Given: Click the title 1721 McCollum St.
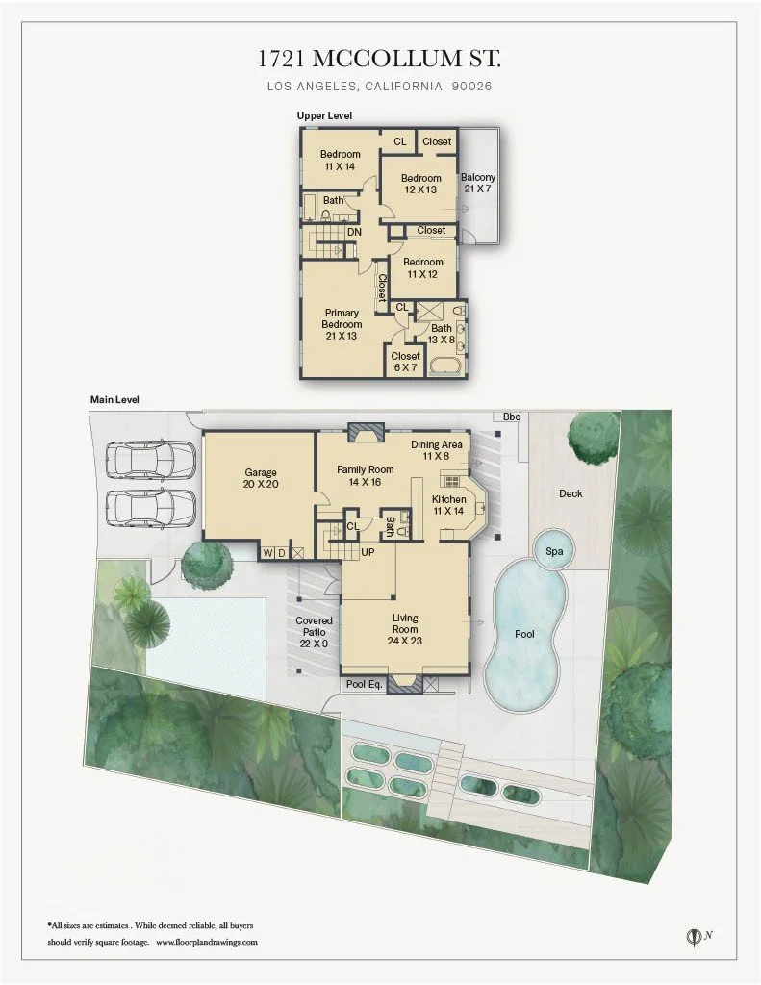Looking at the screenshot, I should click(x=380, y=59).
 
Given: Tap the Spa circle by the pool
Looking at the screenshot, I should click(x=553, y=551).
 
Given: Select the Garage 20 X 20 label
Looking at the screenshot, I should click(x=260, y=478).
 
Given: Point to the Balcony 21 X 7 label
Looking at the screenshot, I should click(x=478, y=183).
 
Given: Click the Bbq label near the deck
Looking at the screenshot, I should click(x=512, y=417).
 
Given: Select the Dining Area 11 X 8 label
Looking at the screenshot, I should click(x=436, y=450).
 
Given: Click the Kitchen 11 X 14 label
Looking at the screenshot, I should click(x=448, y=506).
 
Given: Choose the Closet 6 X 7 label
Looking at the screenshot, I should click(x=405, y=362).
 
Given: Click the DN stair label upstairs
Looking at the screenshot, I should click(x=354, y=232).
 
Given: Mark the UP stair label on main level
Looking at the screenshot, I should click(x=367, y=553).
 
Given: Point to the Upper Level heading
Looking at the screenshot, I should click(x=324, y=115).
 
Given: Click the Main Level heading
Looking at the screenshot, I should click(x=114, y=398).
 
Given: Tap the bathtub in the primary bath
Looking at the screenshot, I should click(x=445, y=366).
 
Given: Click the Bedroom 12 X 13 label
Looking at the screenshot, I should click(x=420, y=184).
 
